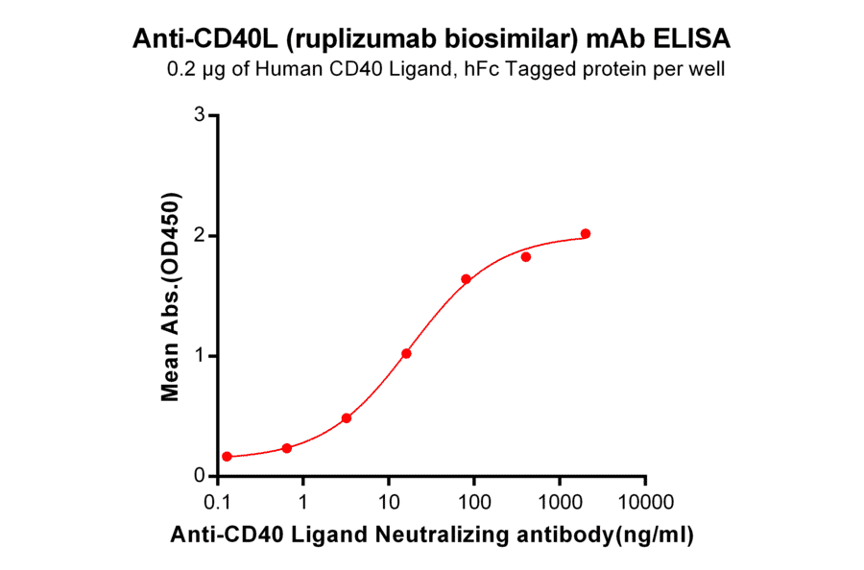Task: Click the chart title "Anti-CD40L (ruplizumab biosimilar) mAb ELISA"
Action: (x=432, y=39)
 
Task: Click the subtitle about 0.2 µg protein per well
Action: (x=445, y=69)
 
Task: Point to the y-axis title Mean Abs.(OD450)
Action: (x=171, y=296)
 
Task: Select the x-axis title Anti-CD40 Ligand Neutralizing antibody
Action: (x=433, y=534)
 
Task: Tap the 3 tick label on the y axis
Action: (x=200, y=115)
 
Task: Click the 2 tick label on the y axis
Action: (x=200, y=235)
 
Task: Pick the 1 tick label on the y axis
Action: (x=200, y=356)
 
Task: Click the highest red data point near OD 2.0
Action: (x=586, y=234)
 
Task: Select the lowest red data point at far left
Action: (x=227, y=457)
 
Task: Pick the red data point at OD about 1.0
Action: (x=406, y=353)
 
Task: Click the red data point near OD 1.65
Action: (x=466, y=279)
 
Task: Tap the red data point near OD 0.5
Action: (x=347, y=418)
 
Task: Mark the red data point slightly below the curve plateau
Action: (x=526, y=256)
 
